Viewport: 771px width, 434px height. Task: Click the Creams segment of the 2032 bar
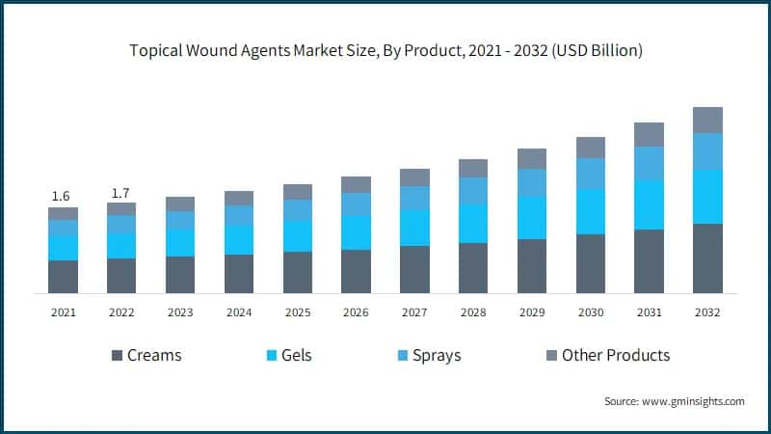coord(707,258)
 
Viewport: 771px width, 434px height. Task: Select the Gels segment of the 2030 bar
coord(591,211)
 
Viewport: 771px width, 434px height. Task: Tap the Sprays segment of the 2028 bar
coord(473,191)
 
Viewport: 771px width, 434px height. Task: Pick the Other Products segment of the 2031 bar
coord(649,134)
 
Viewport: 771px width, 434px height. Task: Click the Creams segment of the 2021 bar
coord(63,277)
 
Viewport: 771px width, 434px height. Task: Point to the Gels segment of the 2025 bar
coord(298,236)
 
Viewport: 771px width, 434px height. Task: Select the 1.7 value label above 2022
coord(121,192)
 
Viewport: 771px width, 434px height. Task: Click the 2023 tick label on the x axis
coord(180,312)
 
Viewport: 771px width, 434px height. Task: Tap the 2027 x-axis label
coord(414,312)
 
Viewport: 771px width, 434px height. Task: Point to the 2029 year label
coord(532,312)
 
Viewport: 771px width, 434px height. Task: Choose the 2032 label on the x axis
coord(707,312)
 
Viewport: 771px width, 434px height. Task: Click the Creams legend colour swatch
coord(118,355)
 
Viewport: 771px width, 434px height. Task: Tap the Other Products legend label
coord(615,355)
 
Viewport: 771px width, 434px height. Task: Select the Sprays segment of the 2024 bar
coord(239,215)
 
